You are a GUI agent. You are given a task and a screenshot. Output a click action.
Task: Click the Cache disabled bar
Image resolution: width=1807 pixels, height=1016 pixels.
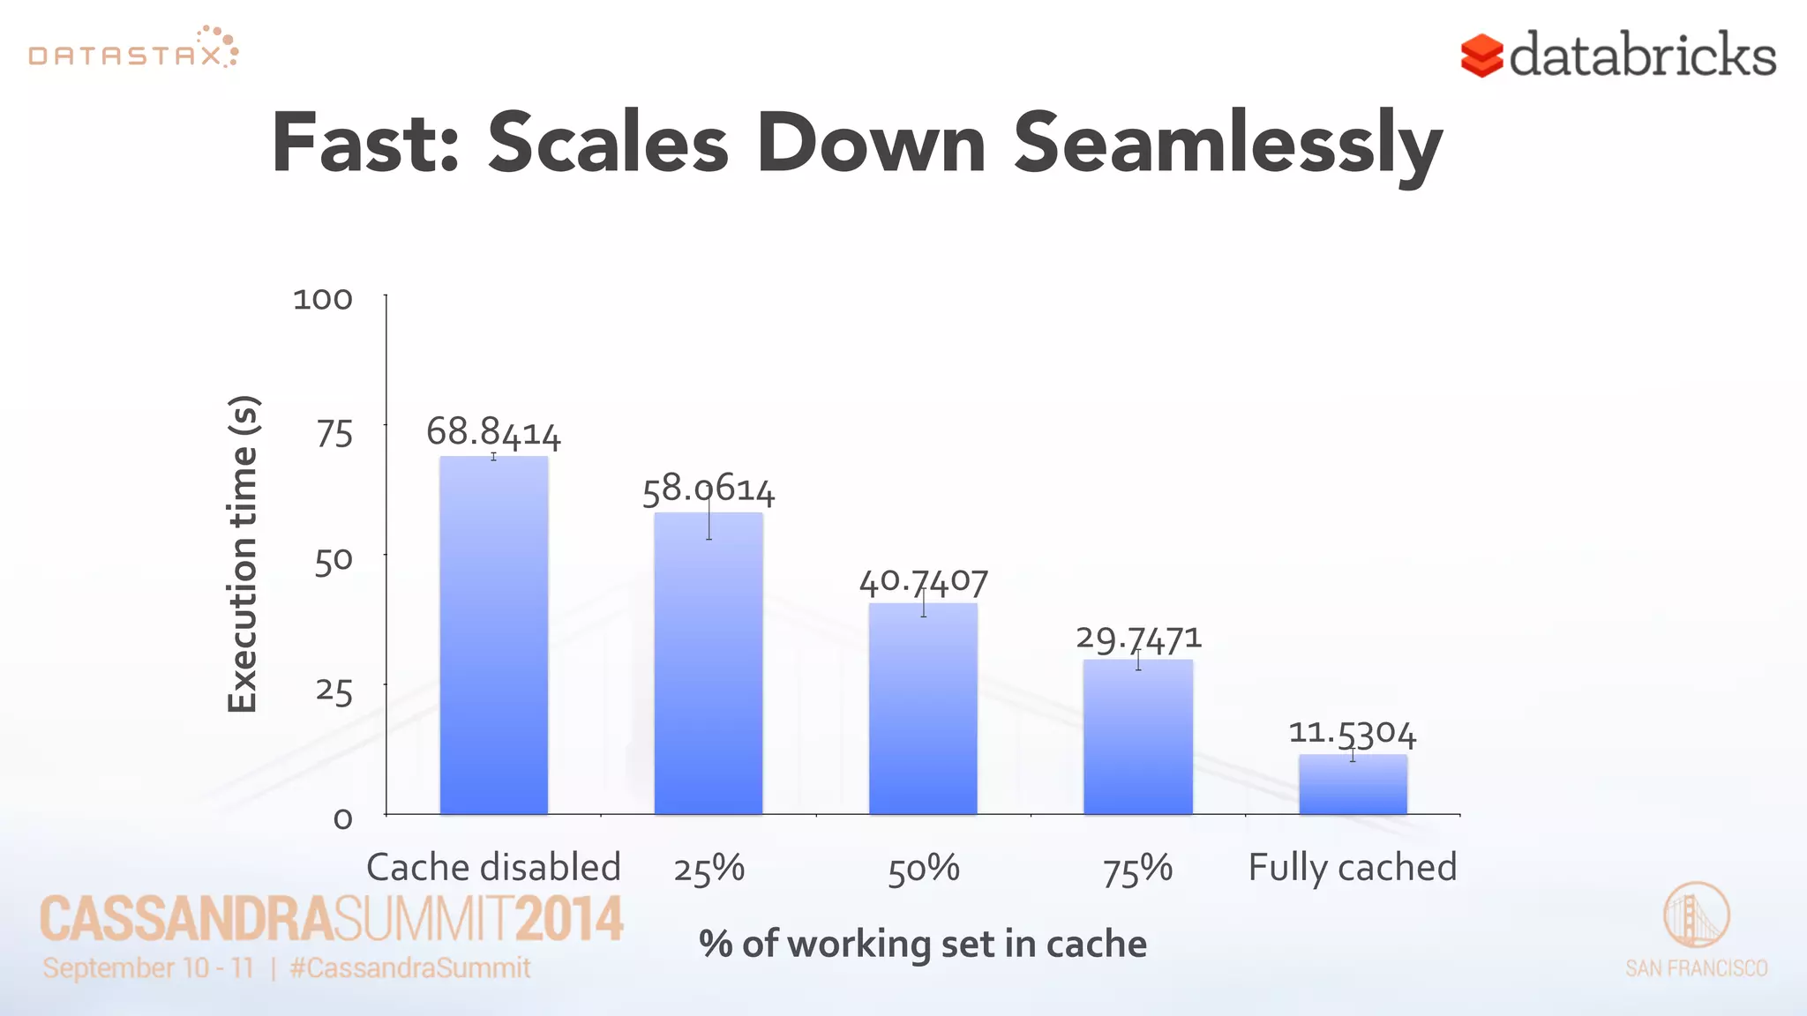point(493,635)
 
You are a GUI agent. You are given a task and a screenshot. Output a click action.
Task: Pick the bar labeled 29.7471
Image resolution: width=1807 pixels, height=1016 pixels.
point(1137,736)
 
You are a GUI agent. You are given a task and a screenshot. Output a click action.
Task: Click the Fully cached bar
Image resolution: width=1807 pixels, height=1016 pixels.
point(1352,784)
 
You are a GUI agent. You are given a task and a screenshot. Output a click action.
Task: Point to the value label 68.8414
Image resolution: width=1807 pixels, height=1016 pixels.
point(493,433)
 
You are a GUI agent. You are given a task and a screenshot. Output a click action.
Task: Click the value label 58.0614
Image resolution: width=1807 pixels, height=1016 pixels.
point(708,489)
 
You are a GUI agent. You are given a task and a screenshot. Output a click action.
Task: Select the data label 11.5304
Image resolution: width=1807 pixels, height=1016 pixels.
point(1352,733)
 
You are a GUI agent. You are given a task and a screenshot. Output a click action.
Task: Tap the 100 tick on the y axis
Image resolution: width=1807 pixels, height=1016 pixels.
point(323,300)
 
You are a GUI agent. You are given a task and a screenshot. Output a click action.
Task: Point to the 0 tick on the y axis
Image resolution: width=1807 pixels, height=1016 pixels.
point(342,819)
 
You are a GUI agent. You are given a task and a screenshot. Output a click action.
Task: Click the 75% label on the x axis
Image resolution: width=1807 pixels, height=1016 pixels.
point(1137,869)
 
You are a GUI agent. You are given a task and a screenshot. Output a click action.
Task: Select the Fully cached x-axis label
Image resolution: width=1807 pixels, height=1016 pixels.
point(1352,868)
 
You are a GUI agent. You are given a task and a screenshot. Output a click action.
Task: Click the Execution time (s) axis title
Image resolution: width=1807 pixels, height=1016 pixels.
point(243,554)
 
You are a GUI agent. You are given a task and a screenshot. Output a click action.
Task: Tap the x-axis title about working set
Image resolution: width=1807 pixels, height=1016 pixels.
point(923,944)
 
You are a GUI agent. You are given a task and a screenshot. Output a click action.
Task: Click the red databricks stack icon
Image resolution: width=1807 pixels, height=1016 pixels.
point(1481,56)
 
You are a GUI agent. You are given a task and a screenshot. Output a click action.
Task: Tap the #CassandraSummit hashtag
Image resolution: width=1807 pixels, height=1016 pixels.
point(409,967)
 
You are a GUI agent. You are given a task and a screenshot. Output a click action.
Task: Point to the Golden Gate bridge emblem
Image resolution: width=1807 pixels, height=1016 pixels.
point(1696,915)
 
